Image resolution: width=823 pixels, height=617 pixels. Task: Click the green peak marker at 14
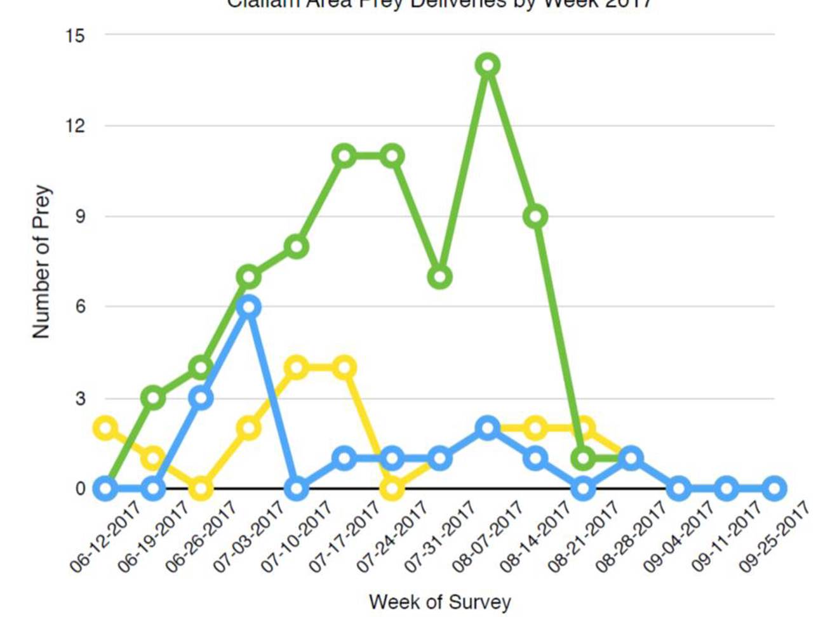tap(488, 65)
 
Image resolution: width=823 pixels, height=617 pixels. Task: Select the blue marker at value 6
tap(249, 307)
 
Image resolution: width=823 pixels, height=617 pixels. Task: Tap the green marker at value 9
tap(536, 216)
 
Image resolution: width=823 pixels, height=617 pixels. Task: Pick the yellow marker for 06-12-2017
tap(106, 428)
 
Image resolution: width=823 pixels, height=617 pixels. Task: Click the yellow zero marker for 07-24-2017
tap(392, 489)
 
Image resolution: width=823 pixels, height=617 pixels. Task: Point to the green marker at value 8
tap(297, 246)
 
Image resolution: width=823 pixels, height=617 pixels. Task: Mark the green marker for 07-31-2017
tap(440, 277)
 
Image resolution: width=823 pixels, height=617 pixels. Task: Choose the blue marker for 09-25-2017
tap(774, 489)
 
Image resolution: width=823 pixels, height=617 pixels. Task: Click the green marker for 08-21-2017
tap(584, 458)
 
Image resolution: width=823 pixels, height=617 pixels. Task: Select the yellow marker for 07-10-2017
tap(297, 368)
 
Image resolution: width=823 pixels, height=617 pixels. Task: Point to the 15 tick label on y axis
tap(75, 36)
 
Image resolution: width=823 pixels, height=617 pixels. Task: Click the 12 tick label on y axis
tap(75, 126)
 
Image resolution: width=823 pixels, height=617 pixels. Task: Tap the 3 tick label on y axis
tap(80, 399)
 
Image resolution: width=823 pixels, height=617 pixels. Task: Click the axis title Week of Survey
tap(439, 601)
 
